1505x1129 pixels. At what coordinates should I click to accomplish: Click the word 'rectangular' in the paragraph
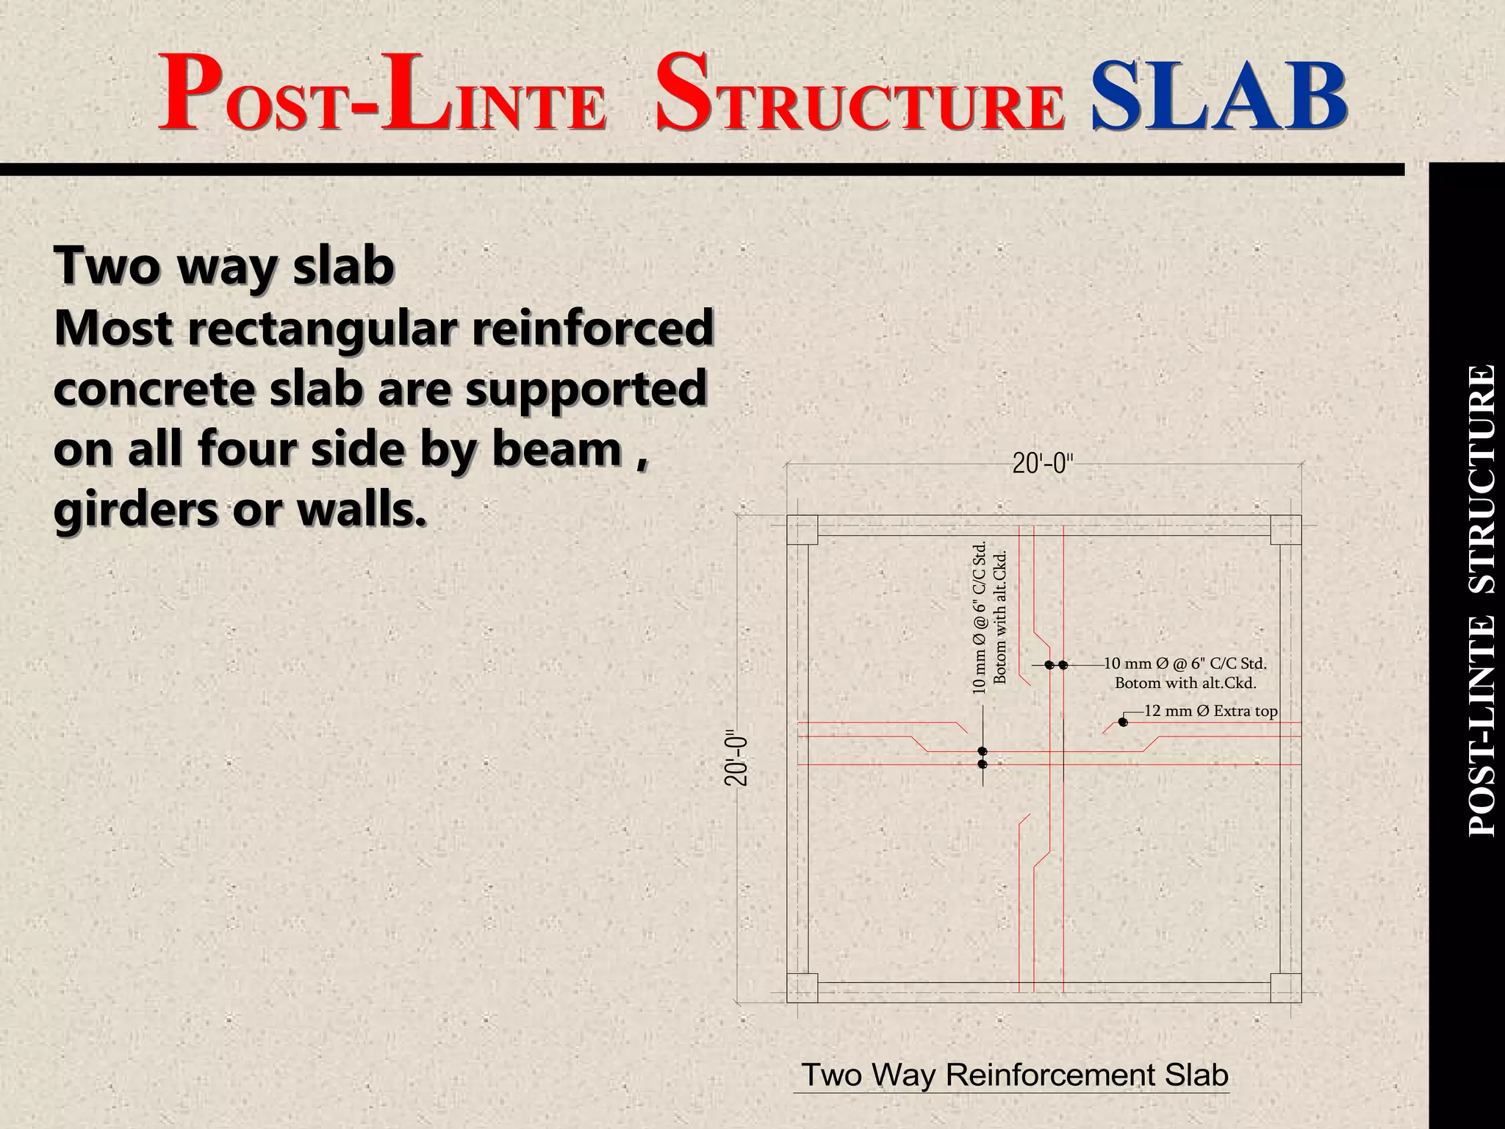click(328, 328)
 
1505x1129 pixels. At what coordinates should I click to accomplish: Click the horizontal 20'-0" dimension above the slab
click(1043, 464)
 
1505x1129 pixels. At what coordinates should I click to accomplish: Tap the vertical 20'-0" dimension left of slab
click(737, 758)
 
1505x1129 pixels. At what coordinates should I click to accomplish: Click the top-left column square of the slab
click(802, 530)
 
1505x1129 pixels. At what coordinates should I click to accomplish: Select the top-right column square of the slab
click(1286, 530)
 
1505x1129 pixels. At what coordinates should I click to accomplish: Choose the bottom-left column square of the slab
click(802, 988)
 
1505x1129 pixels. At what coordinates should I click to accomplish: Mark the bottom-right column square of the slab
click(1286, 988)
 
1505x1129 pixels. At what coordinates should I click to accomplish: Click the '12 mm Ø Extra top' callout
click(1210, 711)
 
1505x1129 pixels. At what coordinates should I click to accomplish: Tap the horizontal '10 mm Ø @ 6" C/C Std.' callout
click(1185, 664)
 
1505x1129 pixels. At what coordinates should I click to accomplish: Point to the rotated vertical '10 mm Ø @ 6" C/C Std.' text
click(979, 618)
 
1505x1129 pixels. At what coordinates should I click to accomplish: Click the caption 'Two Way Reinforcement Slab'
click(1014, 1075)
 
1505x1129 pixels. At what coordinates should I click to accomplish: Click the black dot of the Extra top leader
click(1123, 723)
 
